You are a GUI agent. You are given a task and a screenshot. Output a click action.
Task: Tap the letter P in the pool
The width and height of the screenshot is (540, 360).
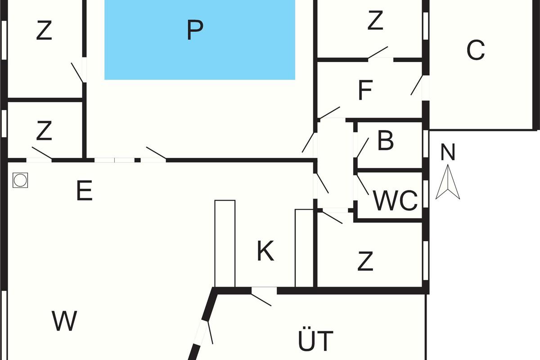[x=194, y=30]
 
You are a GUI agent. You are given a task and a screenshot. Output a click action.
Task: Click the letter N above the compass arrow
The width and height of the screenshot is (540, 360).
[x=448, y=153]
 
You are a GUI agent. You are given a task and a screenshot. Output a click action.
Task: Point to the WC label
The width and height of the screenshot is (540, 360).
[x=396, y=200]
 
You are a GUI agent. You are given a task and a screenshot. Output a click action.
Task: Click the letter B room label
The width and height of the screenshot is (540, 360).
[x=386, y=141]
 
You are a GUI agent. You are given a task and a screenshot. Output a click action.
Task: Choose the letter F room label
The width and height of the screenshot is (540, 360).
[x=365, y=90]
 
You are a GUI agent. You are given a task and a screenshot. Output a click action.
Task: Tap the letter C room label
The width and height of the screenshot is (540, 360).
[x=476, y=50]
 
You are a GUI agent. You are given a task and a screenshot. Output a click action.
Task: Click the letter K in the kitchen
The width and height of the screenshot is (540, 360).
[x=265, y=251]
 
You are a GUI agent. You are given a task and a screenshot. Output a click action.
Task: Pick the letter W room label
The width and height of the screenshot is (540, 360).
[x=64, y=321]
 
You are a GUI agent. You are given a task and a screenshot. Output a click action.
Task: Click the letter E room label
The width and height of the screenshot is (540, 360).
[x=84, y=191]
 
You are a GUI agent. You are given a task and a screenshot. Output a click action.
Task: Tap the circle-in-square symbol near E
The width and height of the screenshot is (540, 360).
[x=20, y=180]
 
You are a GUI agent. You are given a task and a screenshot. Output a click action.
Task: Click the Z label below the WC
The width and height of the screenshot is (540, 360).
[x=365, y=261]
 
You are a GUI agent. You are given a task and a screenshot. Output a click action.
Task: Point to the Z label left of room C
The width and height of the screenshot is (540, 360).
[x=375, y=21]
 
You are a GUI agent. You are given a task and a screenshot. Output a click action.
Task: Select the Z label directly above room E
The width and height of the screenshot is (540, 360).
[x=44, y=131]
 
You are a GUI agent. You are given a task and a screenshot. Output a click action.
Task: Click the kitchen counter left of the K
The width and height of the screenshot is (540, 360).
[x=225, y=243]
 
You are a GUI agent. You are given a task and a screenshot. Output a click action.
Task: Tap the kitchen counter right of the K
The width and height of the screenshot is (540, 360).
[x=304, y=247]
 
